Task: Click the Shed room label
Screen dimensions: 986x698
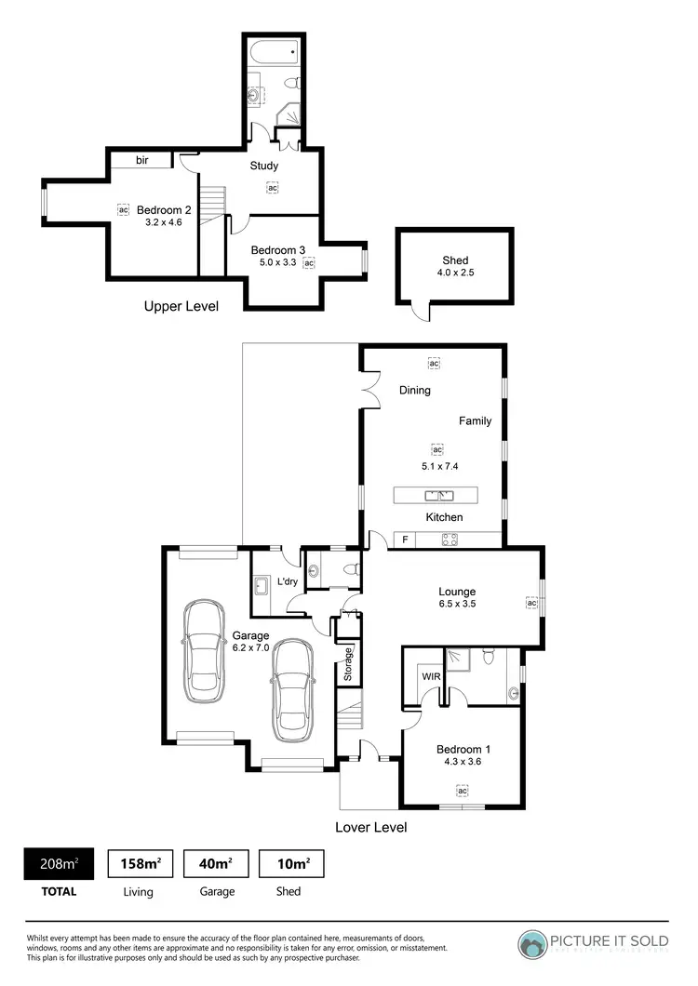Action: click(455, 260)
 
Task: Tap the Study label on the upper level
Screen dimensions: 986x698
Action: click(264, 166)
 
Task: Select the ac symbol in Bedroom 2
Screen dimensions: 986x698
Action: click(123, 209)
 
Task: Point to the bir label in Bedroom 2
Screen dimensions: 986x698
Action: click(142, 160)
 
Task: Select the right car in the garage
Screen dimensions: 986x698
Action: click(293, 686)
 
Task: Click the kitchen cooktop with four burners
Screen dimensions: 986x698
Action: click(450, 538)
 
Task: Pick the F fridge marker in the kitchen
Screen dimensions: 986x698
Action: click(405, 539)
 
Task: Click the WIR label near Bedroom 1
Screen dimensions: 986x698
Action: click(431, 676)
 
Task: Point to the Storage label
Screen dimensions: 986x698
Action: click(348, 664)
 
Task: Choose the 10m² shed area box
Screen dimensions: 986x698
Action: click(289, 864)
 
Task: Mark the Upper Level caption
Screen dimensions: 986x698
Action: click(181, 305)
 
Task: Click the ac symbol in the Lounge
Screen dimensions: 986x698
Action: click(531, 603)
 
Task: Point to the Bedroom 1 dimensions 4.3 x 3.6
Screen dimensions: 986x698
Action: click(462, 762)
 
